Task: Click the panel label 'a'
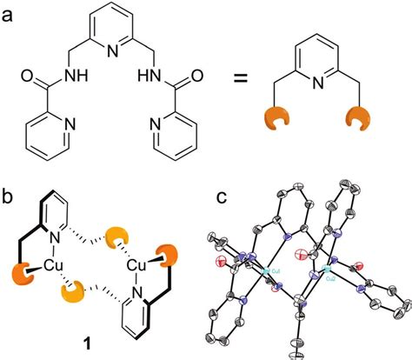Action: pyautogui.click(x=10, y=11)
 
